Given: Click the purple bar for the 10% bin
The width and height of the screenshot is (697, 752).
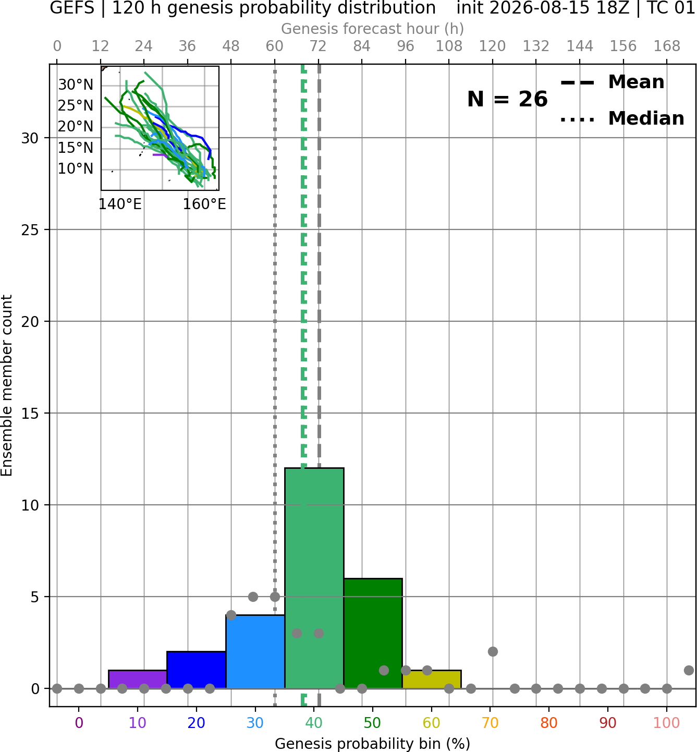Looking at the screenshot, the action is tap(138, 679).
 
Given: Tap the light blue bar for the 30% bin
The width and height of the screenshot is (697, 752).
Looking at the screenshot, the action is tap(255, 652).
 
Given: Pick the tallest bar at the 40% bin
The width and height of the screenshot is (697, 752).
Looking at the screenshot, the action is tap(314, 578).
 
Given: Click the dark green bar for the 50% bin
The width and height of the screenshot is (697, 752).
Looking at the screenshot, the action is tap(373, 633).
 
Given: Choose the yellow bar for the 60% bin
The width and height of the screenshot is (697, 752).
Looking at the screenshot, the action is tap(432, 679).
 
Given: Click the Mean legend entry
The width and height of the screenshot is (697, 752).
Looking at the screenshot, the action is tap(612, 82).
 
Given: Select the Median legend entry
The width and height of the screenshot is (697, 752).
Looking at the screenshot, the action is tap(622, 118).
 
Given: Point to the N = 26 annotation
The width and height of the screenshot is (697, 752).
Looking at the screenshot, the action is tap(507, 99).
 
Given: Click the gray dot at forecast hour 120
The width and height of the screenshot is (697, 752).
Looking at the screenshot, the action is tap(493, 652).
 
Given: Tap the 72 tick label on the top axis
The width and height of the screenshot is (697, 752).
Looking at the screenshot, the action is tap(318, 46).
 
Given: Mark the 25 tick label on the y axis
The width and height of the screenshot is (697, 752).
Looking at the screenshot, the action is tap(30, 230).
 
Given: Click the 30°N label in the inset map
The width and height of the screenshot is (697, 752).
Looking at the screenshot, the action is tap(76, 84).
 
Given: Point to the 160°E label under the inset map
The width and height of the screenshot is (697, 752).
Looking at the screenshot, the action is tap(204, 204).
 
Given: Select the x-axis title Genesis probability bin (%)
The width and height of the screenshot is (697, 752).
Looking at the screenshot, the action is tap(373, 744).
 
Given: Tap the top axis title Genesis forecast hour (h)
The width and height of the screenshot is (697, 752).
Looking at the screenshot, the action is tap(373, 29).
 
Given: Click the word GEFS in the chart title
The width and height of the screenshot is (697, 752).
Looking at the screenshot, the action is tap(72, 8).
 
